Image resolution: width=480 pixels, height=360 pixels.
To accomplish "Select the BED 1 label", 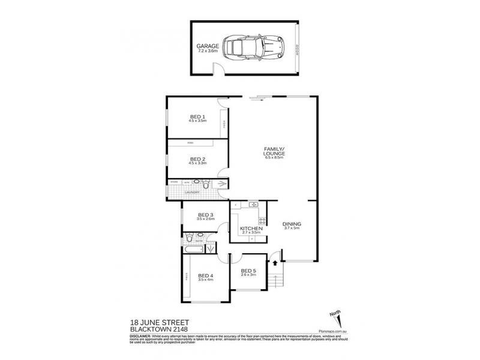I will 197,116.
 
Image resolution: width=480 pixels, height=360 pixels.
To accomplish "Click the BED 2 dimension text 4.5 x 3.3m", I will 198,163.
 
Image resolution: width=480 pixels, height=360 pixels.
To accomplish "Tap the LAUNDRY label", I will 191,193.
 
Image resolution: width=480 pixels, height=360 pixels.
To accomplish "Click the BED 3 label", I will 206,215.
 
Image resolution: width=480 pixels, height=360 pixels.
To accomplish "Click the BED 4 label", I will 206,275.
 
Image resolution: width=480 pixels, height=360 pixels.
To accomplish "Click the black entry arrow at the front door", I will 275,261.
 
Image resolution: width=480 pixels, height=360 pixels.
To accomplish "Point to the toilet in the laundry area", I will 205,184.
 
